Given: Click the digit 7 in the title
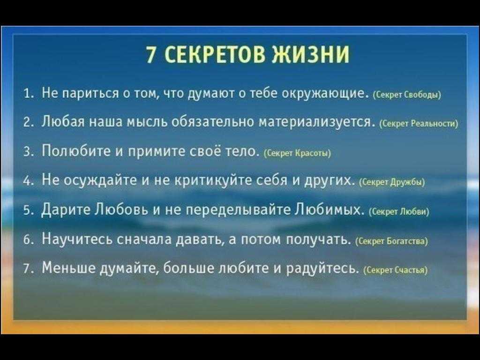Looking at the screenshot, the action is pos(151,54).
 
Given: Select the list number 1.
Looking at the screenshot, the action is pos(28,92).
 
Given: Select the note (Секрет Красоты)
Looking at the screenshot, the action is pos(297,153).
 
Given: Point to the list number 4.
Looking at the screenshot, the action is pos(28,180).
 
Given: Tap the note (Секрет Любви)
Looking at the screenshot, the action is pos(400,211).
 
